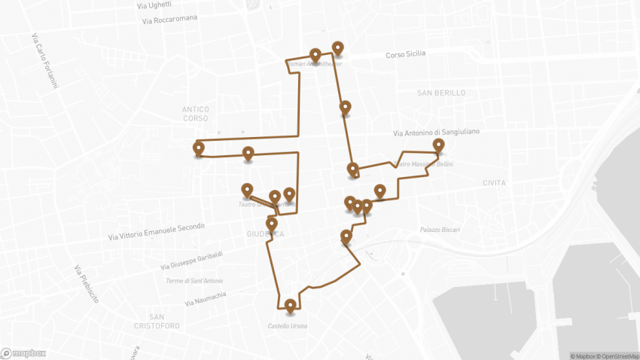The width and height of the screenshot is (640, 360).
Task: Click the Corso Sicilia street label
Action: [405, 54]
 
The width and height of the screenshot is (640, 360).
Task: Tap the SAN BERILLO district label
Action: [441, 93]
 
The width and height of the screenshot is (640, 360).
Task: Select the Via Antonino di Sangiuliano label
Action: [436, 133]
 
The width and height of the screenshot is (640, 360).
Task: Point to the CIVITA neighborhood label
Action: [495, 183]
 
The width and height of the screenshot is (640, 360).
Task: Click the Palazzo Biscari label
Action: [440, 230]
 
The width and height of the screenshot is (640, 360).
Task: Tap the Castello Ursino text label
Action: [288, 326]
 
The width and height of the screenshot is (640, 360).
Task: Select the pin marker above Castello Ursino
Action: [291, 305]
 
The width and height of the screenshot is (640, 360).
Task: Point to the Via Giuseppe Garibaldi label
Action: [191, 261]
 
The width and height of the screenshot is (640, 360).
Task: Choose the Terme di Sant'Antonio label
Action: [195, 281]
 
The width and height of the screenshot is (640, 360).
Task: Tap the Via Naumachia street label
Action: [205, 299]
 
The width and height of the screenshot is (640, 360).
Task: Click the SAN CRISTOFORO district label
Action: [156, 321]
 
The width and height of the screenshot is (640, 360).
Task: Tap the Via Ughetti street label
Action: [154, 5]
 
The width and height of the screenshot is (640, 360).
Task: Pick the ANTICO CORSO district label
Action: [195, 114]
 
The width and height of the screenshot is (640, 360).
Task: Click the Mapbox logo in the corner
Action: [23, 352]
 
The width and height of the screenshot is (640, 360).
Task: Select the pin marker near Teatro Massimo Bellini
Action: [439, 145]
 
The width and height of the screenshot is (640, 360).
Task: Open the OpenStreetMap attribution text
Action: [619, 355]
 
